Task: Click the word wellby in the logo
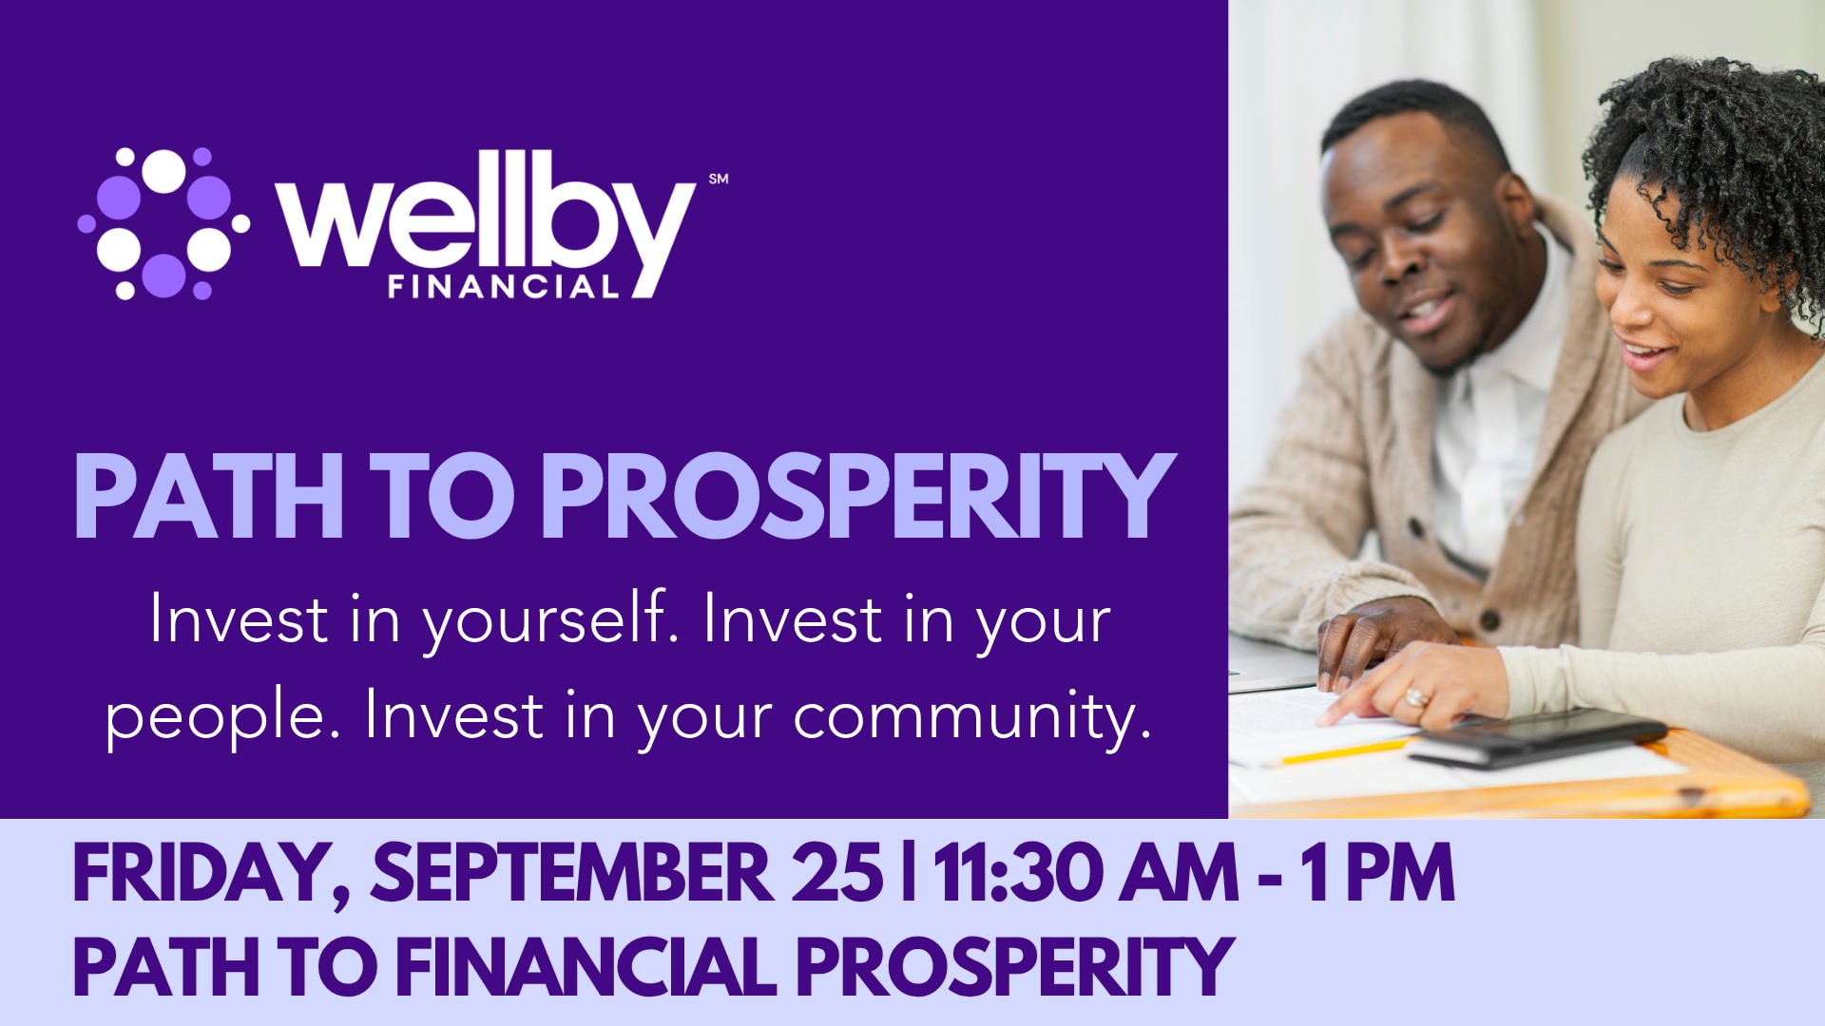tap(486, 224)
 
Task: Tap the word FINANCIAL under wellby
tap(504, 286)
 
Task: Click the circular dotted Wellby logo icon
tap(163, 223)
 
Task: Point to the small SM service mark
tap(719, 179)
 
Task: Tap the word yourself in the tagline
tap(550, 621)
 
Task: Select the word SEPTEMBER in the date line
tap(572, 872)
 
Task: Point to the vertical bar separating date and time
tap(910, 872)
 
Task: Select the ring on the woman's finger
tap(1415, 698)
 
